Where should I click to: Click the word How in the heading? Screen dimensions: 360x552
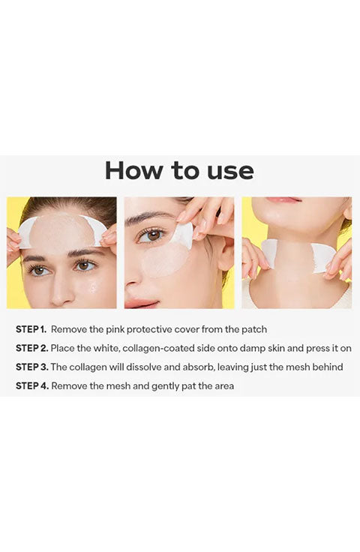(134, 171)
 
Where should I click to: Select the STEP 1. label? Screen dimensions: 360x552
(31, 329)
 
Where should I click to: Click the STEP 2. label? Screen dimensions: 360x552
(32, 348)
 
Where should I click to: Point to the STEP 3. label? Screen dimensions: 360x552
(32, 367)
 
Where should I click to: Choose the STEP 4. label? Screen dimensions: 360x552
(32, 385)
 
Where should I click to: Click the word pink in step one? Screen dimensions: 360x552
(115, 330)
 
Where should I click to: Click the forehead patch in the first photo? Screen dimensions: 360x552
(62, 229)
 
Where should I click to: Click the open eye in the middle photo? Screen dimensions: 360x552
(152, 235)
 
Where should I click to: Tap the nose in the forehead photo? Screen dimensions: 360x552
(61, 289)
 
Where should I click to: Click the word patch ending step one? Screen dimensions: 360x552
(254, 330)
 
